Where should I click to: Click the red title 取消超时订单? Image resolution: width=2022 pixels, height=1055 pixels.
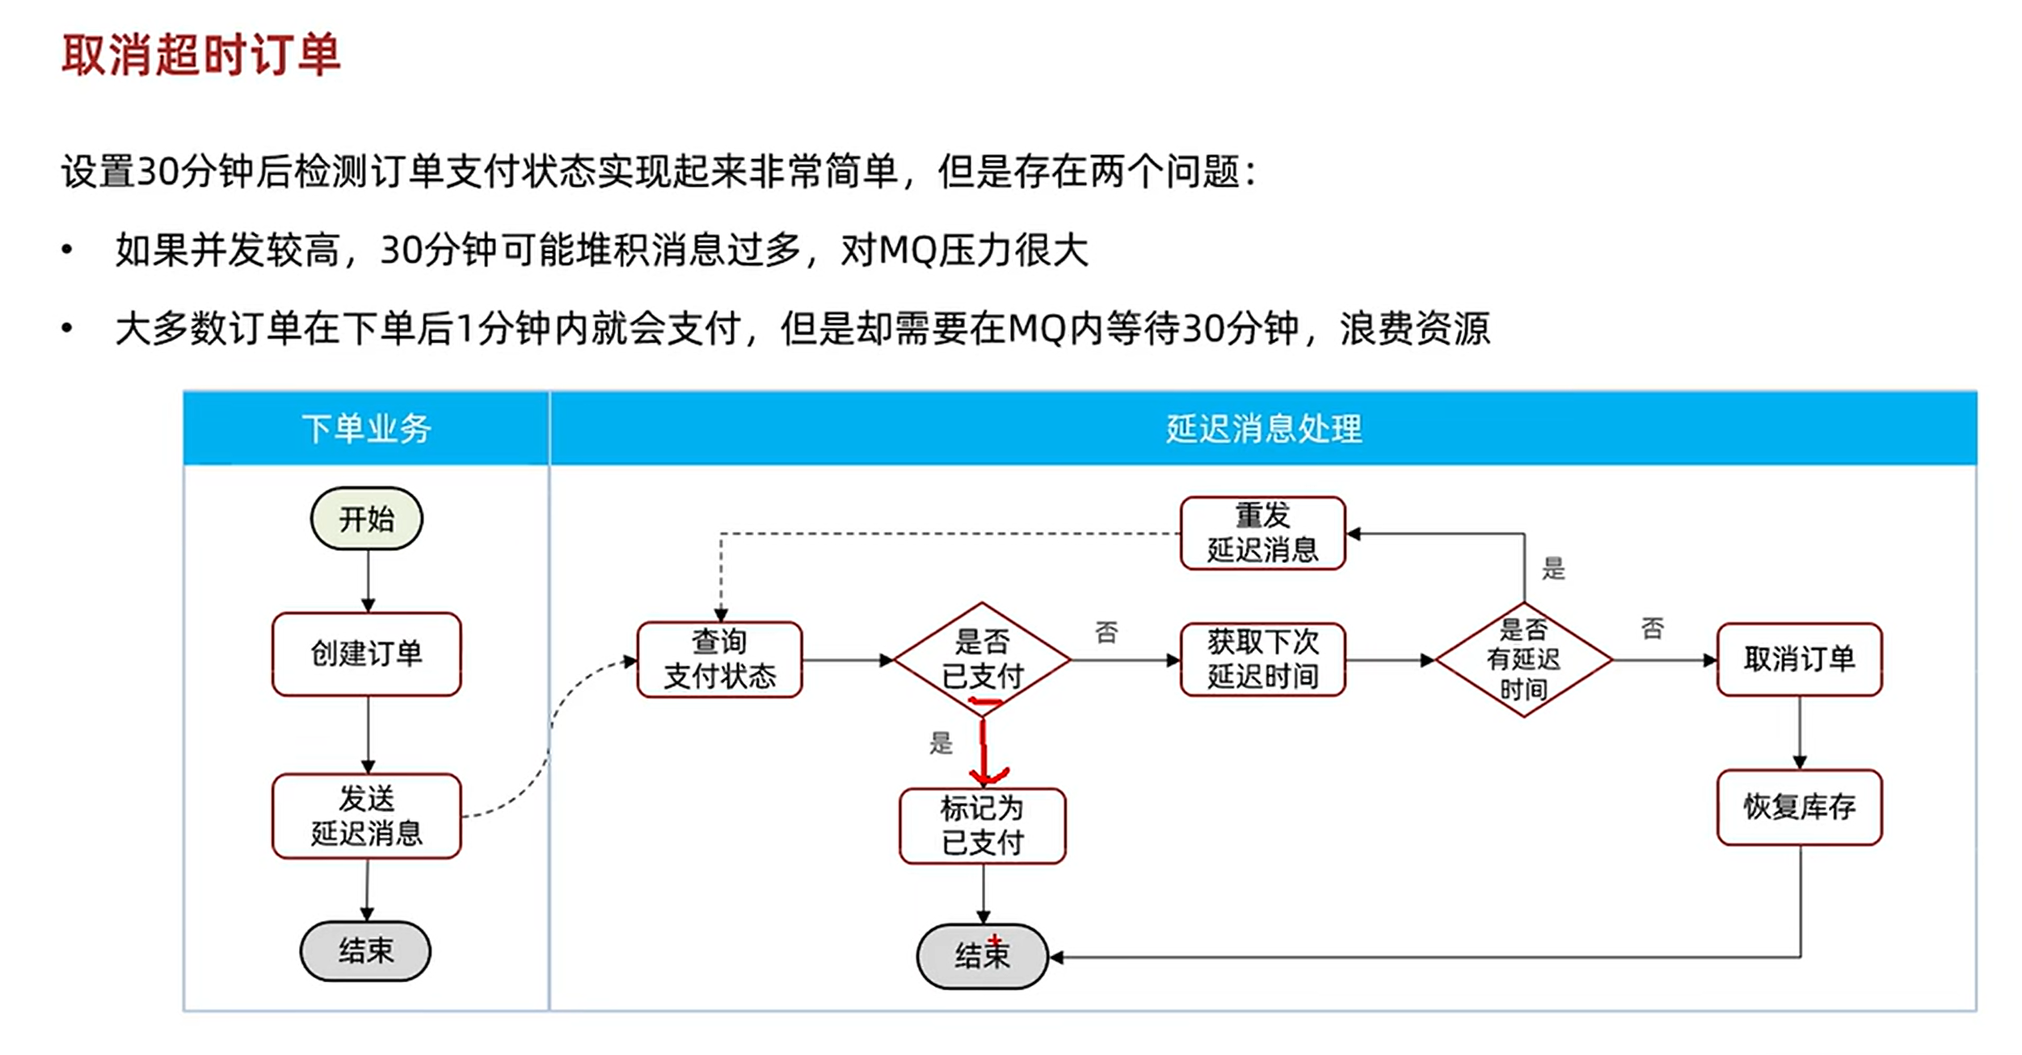tap(201, 55)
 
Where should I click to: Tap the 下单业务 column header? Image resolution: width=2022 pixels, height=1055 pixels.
tap(366, 428)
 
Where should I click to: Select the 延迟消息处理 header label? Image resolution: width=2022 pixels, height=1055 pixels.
tap(1264, 428)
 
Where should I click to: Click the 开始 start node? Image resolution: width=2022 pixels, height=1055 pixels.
tap(367, 519)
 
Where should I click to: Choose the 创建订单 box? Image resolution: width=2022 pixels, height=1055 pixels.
tap(367, 654)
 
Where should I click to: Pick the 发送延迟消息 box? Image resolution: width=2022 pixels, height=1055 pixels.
tap(367, 816)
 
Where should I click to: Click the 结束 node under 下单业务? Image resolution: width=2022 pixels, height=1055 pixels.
tap(365, 951)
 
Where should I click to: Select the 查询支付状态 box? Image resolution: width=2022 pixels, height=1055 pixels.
tap(720, 659)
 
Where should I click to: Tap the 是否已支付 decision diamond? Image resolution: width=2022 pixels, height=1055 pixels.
tap(982, 659)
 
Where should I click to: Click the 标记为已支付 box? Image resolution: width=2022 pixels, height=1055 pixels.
tap(983, 826)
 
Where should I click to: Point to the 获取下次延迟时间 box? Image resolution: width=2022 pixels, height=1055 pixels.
tap(1263, 659)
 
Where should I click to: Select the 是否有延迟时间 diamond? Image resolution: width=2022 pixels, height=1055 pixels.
tap(1524, 659)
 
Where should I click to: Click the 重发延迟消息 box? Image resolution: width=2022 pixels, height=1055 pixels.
tap(1263, 533)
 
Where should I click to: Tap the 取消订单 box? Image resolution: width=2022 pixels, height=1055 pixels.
tap(1800, 659)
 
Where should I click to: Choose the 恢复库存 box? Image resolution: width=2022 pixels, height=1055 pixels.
tap(1800, 807)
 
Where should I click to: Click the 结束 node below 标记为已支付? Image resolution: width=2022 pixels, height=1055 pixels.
tap(983, 956)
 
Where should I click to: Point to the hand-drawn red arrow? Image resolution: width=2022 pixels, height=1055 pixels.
tap(984, 743)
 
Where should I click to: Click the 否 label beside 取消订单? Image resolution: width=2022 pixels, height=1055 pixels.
tap(1653, 628)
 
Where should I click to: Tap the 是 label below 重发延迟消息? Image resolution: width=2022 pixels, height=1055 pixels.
tap(1553, 568)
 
